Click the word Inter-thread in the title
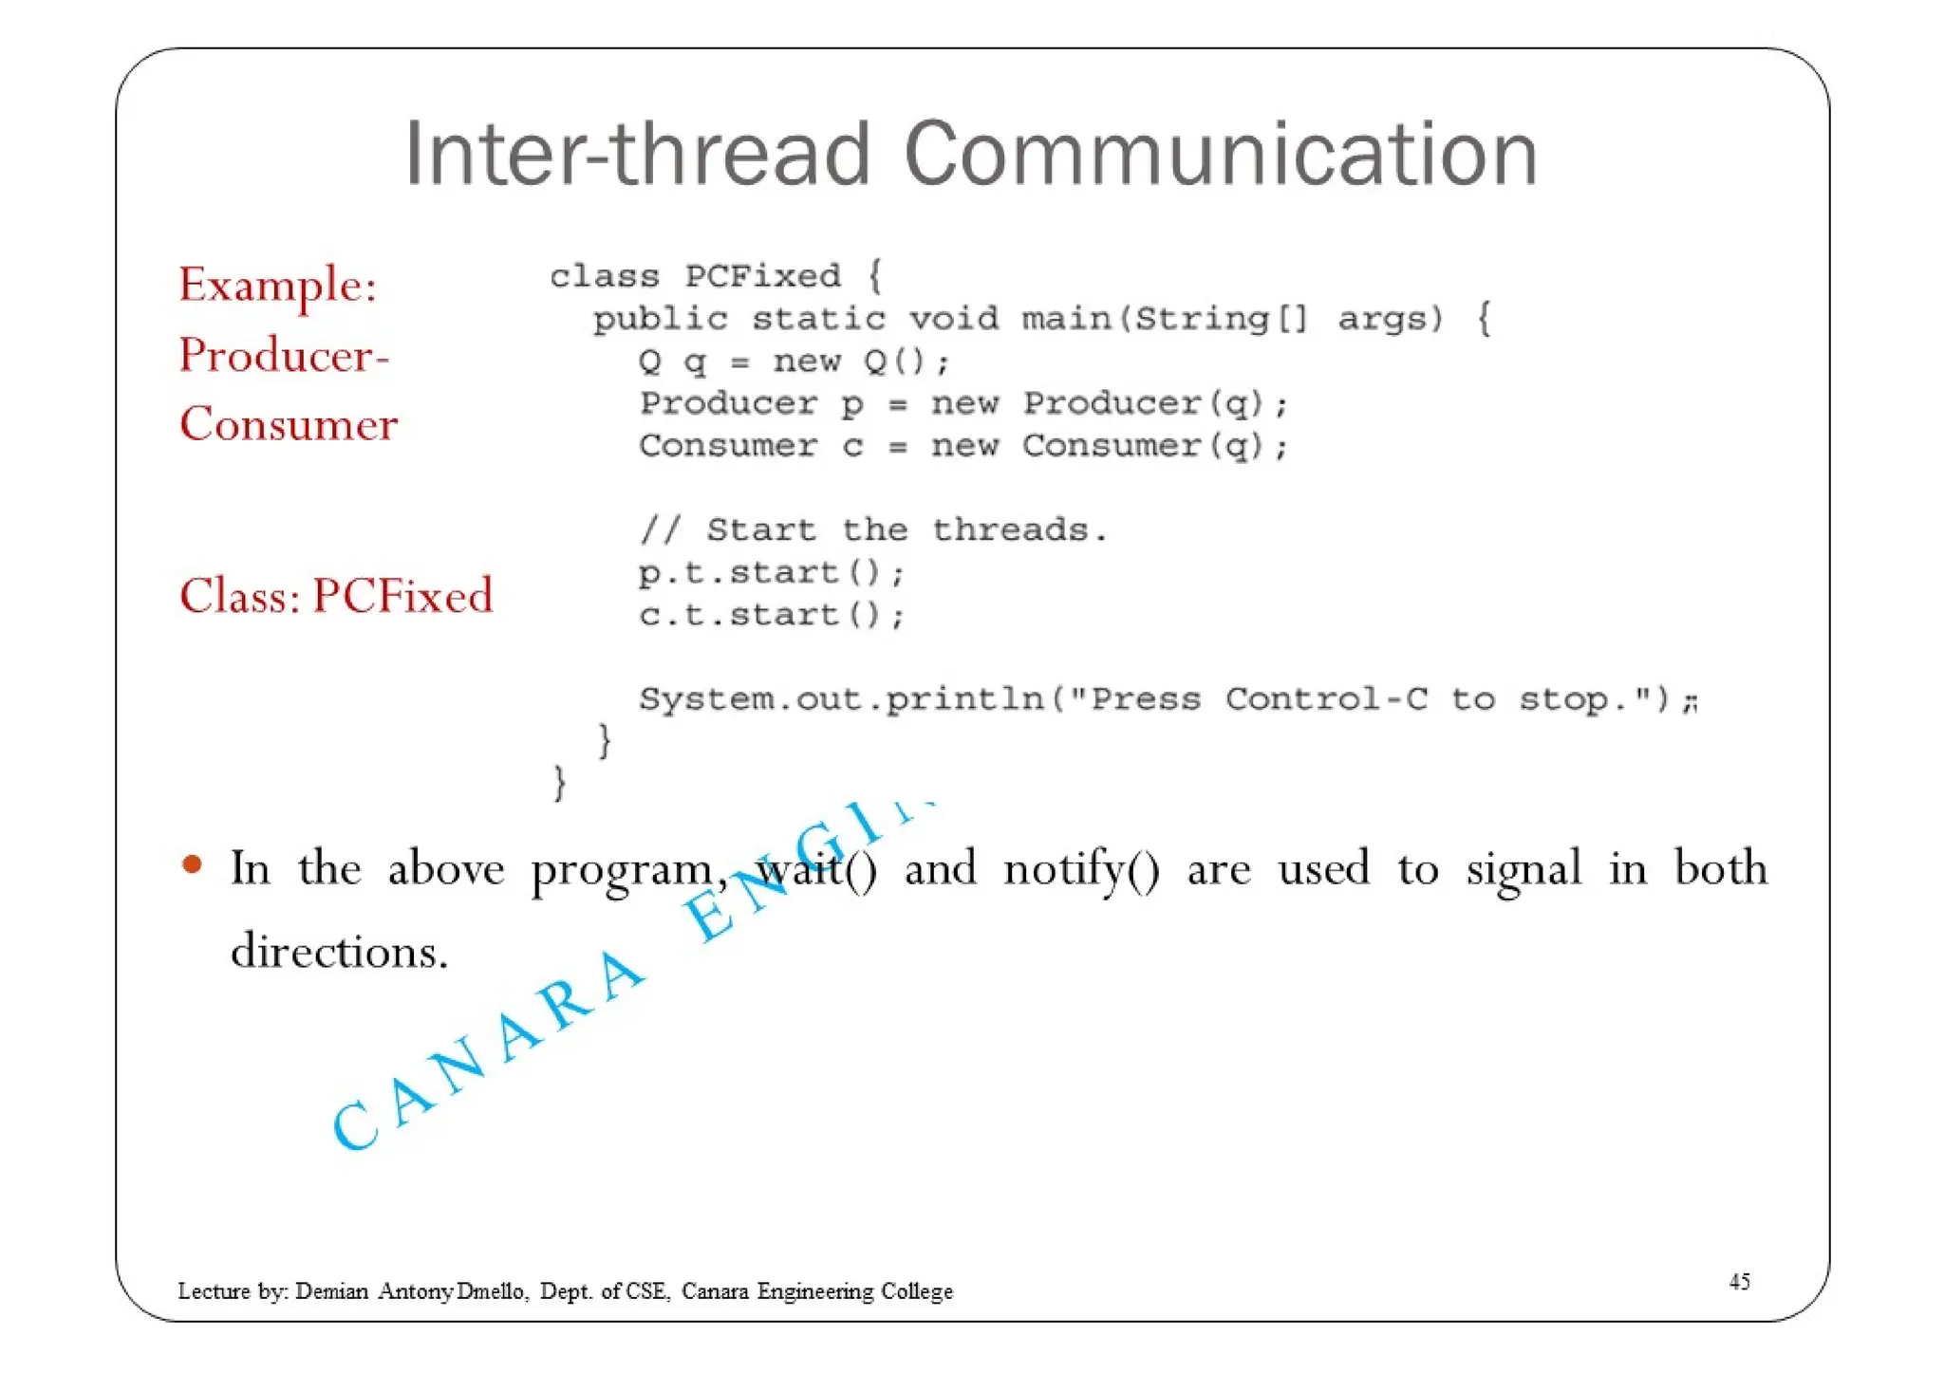coord(637,154)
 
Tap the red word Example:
coord(278,285)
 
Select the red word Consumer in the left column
coord(289,423)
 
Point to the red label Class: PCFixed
coord(336,596)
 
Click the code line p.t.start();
coord(772,573)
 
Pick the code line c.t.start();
coord(772,616)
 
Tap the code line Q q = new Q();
coord(794,362)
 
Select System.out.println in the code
coord(841,700)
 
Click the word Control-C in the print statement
coord(1326,699)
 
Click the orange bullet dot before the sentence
coord(192,864)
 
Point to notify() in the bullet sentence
coord(1081,869)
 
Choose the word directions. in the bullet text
coord(339,951)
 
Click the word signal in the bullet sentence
coord(1523,869)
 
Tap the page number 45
coord(1739,1282)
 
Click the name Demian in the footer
coord(331,1291)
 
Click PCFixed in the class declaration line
coord(763,277)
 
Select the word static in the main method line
coord(818,319)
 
